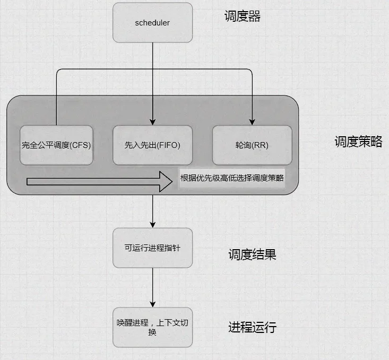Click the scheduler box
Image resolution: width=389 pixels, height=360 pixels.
click(x=152, y=23)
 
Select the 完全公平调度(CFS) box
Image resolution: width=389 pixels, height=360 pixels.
click(x=57, y=145)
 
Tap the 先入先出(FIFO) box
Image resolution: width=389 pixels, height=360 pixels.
click(x=152, y=145)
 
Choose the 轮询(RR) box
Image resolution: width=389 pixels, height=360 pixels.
click(x=252, y=145)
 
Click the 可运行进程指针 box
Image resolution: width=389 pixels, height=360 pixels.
click(x=152, y=248)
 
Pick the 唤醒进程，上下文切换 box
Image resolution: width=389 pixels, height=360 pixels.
click(x=152, y=327)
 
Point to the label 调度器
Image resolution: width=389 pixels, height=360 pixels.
click(x=243, y=16)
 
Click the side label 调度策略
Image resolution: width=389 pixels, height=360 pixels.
click(x=358, y=142)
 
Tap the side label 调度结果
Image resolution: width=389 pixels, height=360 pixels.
click(x=252, y=255)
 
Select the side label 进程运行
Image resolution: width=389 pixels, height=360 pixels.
click(x=252, y=327)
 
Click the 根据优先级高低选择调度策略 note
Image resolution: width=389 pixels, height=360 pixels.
click(x=232, y=179)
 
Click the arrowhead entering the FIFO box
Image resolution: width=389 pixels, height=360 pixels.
click(x=152, y=121)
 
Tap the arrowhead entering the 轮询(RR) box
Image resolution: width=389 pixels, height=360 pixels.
click(x=252, y=121)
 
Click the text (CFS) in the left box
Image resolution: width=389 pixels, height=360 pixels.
click(x=80, y=145)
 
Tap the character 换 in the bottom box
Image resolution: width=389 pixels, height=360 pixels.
click(x=152, y=332)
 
